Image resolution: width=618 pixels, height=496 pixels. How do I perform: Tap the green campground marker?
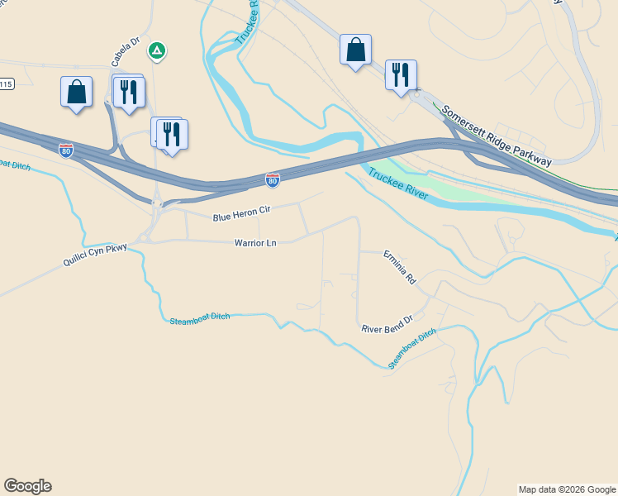[156, 51]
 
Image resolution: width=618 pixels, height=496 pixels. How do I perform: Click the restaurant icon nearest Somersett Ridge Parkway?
[401, 74]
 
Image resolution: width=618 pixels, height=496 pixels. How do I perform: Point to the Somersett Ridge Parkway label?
[496, 136]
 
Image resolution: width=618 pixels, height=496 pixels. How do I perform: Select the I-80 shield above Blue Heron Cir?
[273, 179]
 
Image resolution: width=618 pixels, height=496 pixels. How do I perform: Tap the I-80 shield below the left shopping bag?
[66, 150]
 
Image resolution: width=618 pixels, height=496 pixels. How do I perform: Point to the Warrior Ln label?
[254, 243]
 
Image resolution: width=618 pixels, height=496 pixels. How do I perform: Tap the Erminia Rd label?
[399, 268]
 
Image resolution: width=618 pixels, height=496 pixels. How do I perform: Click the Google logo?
[27, 486]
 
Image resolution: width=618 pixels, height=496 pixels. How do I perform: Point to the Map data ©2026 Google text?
[567, 489]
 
